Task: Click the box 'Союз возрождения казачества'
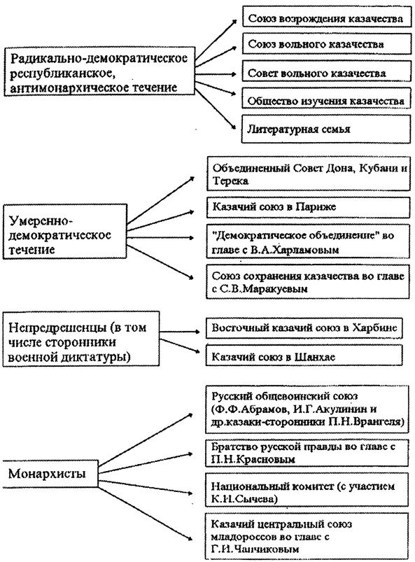325,17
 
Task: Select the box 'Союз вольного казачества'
325,45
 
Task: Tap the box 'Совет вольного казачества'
325,73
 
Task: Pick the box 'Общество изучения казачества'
325,101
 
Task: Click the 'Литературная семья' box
325,129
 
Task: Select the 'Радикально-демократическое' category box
98,73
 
